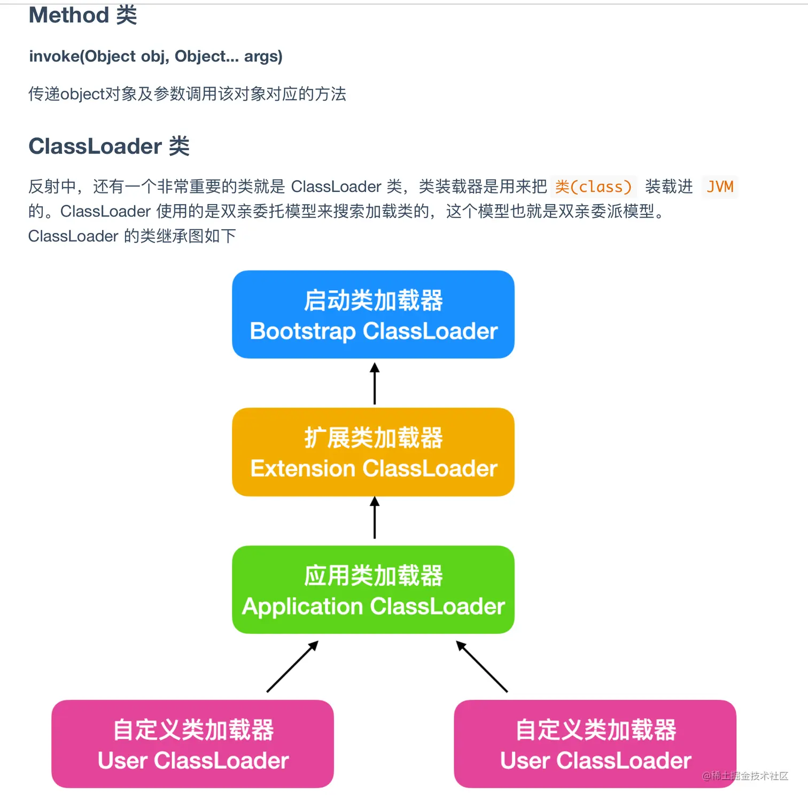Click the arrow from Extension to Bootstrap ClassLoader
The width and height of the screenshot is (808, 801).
[375, 384]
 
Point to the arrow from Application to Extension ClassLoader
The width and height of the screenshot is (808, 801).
[375, 518]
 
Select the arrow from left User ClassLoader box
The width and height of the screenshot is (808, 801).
[292, 667]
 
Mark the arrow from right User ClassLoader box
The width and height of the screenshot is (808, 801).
[482, 667]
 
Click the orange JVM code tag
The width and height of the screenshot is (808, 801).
[720, 187]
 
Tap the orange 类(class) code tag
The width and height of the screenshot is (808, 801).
[593, 187]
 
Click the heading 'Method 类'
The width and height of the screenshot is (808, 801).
[83, 15]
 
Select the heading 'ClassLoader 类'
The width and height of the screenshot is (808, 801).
[109, 146]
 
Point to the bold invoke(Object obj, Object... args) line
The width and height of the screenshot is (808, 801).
[156, 56]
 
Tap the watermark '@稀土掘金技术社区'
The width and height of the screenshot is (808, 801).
[745, 776]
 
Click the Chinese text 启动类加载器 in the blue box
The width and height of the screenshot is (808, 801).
[373, 300]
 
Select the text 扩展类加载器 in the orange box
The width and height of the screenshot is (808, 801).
[373, 438]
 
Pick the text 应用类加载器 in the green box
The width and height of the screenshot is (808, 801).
[373, 576]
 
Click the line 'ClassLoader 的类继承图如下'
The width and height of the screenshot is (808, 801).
[132, 236]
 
